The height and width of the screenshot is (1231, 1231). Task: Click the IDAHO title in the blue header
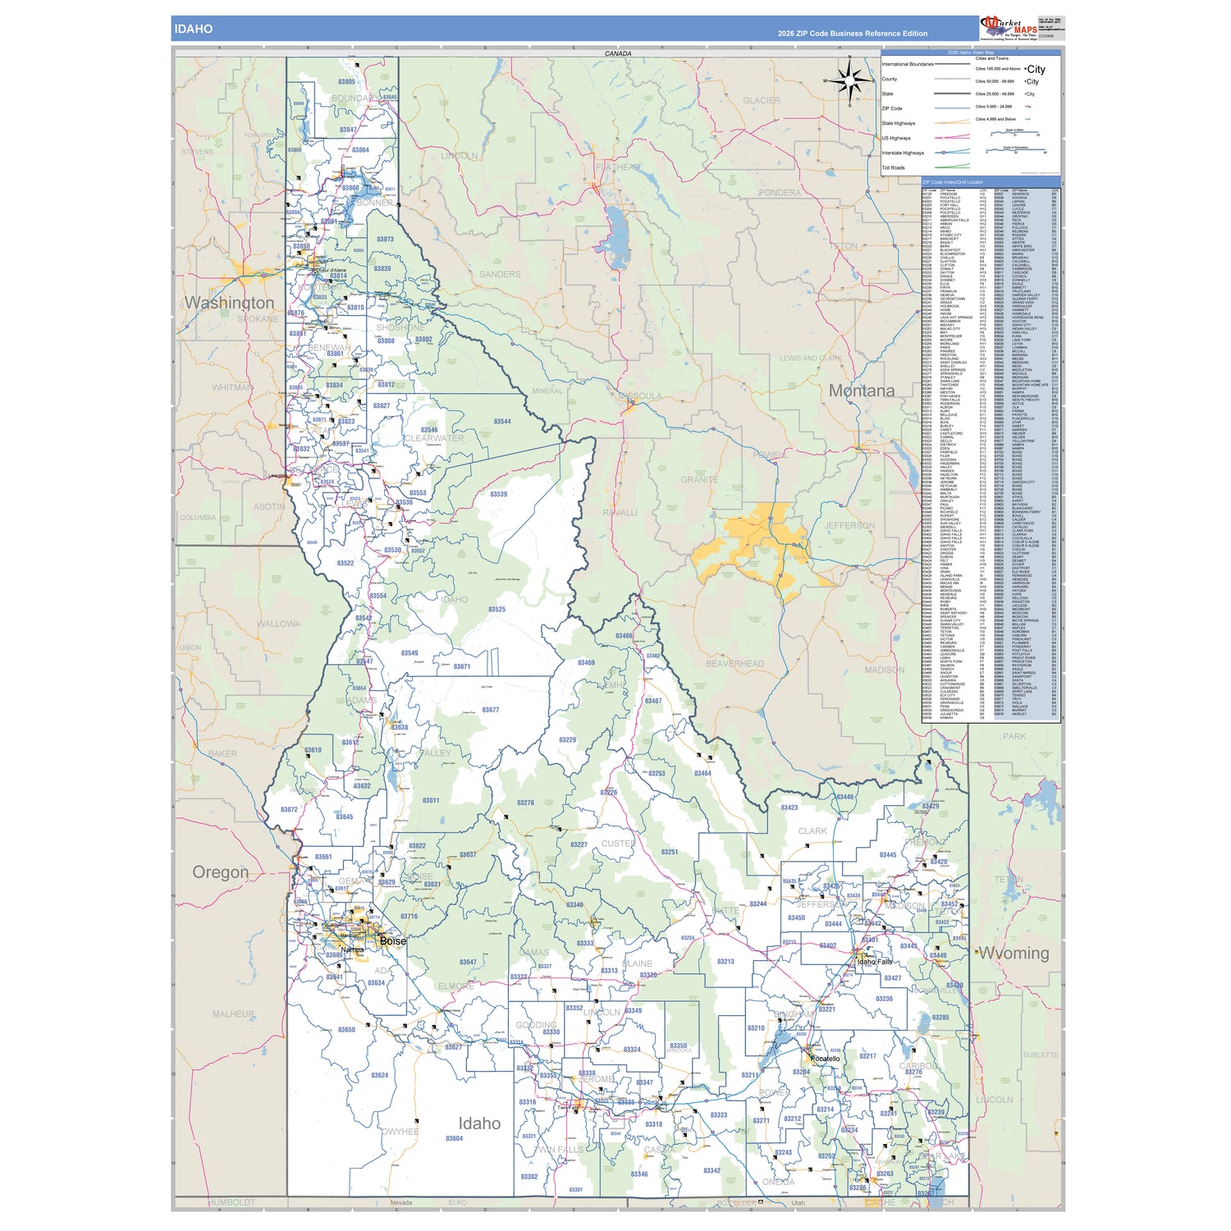click(193, 29)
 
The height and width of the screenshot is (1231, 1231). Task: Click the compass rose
click(850, 80)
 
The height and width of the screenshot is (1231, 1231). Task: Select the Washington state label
click(229, 303)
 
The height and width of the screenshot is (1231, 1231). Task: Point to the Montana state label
click(861, 391)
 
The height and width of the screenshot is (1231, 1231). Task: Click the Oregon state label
click(220, 872)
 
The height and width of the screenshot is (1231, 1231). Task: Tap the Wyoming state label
click(1014, 954)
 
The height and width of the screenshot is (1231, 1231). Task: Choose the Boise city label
click(392, 941)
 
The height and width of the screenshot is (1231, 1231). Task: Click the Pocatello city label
click(825, 1059)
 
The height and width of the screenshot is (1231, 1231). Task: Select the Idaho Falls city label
click(874, 962)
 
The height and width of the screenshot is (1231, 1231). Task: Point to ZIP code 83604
click(454, 1138)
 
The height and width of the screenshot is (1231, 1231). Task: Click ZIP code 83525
click(497, 610)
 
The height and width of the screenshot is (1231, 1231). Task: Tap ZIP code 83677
click(490, 710)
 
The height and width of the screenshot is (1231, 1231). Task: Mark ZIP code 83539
click(498, 494)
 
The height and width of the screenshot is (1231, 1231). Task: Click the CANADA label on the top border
click(618, 53)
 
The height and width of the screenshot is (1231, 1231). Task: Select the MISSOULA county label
click(639, 396)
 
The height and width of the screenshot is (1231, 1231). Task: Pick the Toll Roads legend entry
click(893, 167)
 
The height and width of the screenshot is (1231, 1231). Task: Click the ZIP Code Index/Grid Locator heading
click(952, 182)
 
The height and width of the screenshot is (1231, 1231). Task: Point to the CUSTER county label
click(617, 844)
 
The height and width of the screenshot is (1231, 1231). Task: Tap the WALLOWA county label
click(278, 624)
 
